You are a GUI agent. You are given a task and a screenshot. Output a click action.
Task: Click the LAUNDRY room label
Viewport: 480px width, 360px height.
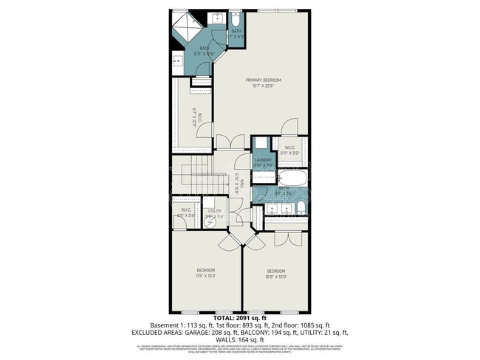pyautogui.click(x=264, y=160)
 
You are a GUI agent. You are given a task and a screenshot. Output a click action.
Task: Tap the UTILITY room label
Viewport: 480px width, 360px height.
pyautogui.click(x=215, y=211)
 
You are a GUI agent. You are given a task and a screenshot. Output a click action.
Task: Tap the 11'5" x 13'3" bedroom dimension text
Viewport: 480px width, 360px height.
pyautogui.click(x=206, y=277)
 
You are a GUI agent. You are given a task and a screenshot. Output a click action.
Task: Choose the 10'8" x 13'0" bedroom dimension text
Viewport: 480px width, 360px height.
pyautogui.click(x=275, y=277)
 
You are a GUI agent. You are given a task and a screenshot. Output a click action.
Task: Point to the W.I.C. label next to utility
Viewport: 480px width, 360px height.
pyautogui.click(x=187, y=210)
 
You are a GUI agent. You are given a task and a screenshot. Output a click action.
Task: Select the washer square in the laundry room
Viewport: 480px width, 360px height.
pyautogui.click(x=263, y=145)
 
